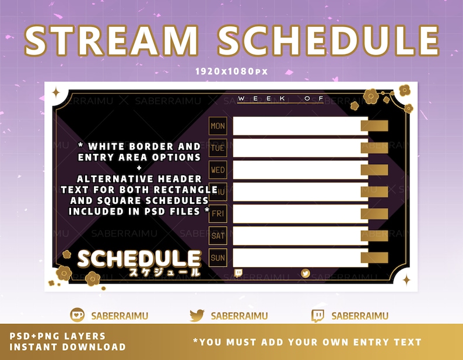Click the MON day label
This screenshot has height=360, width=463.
coord(218,126)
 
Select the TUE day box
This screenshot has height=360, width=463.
coord(218,148)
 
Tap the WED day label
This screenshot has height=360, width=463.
coord(218,170)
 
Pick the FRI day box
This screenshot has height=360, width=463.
coord(218,214)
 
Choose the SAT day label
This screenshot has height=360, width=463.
coord(218,236)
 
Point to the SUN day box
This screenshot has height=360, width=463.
coord(218,257)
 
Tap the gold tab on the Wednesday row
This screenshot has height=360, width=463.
coord(374,170)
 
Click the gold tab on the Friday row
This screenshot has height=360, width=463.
coord(374,214)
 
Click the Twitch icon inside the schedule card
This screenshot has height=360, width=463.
coord(238,273)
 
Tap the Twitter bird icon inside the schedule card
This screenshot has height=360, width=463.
coord(306,273)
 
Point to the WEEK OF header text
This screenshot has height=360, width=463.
coord(280,98)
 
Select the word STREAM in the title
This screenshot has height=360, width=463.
coord(112,40)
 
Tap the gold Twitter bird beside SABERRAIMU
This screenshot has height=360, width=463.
coord(198,316)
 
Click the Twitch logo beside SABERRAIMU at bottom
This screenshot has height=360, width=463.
coord(318,316)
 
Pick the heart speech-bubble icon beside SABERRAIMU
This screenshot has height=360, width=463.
coord(78,316)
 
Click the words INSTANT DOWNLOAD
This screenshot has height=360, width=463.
coord(68,347)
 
